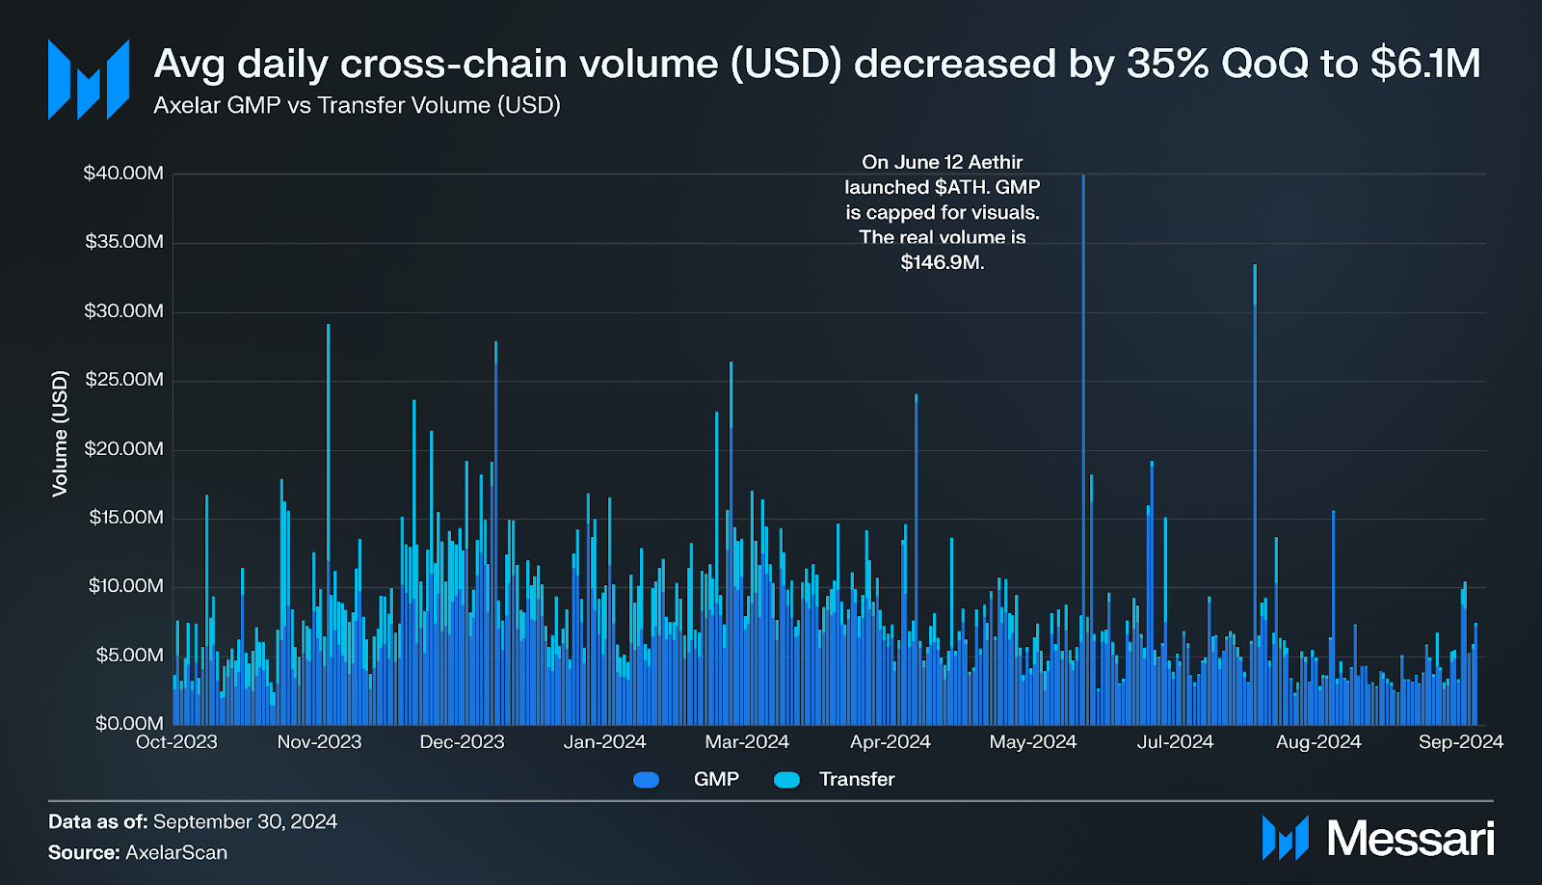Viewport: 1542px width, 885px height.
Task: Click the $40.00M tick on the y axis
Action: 123,174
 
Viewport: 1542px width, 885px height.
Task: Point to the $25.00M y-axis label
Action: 123,380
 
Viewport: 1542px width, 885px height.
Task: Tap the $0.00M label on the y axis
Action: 129,723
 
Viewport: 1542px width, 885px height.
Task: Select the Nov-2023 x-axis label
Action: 319,742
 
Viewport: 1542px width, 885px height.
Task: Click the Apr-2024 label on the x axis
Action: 890,742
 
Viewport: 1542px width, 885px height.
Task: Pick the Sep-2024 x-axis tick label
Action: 1460,742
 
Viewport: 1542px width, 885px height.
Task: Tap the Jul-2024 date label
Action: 1175,742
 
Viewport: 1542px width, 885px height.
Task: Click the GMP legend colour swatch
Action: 647,780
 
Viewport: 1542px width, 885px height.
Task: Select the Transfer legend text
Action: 856,779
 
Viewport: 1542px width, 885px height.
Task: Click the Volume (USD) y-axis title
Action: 61,434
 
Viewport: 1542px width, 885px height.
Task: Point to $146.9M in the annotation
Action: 941,262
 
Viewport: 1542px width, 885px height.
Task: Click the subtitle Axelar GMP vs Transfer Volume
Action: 357,105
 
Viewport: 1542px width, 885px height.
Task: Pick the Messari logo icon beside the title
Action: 89,80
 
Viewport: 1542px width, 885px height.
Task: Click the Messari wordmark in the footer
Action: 1410,839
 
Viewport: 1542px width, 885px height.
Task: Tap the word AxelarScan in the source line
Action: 176,852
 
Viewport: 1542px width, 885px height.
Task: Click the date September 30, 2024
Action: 245,821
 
